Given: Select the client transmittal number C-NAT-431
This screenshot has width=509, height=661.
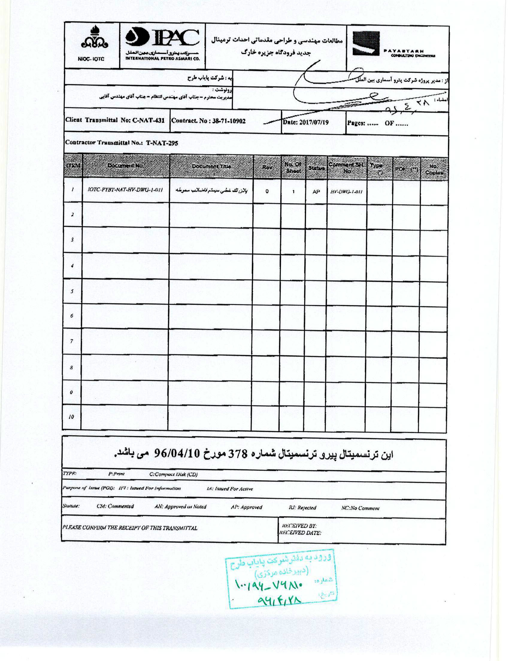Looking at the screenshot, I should point(148,120).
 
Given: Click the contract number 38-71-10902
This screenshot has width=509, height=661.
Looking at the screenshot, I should point(228,121).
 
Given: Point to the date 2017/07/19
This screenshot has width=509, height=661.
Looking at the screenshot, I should point(314,122).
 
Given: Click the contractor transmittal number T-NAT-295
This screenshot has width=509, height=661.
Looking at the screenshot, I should point(162,143).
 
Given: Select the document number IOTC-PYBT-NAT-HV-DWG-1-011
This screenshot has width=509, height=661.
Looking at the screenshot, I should point(125,190).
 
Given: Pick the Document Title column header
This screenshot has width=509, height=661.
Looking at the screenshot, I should point(211,166).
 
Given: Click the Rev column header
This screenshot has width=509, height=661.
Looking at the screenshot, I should point(267,167).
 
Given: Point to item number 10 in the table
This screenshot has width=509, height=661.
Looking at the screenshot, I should point(71,417).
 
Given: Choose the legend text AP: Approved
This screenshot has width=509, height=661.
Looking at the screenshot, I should point(246,507).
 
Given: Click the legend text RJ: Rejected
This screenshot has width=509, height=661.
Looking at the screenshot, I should point(302,507).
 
